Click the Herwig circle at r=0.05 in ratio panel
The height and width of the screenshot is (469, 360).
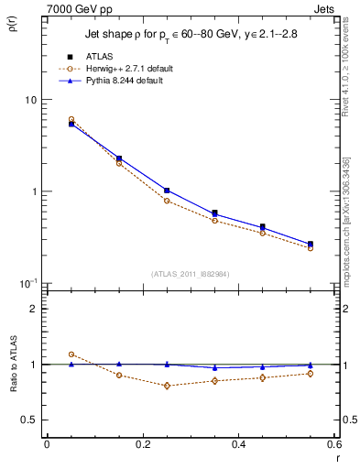pos(71,354)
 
